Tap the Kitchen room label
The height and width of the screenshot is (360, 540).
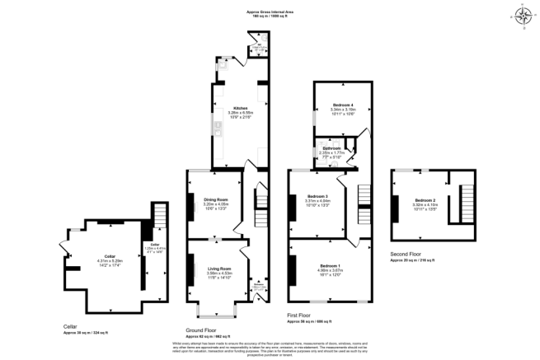click(x=240, y=107)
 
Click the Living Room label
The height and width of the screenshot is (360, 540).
click(x=218, y=269)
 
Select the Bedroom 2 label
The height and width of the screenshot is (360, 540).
click(x=425, y=201)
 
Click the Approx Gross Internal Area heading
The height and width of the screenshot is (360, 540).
click(x=270, y=11)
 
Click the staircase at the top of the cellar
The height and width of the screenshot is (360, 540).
click(x=159, y=216)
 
